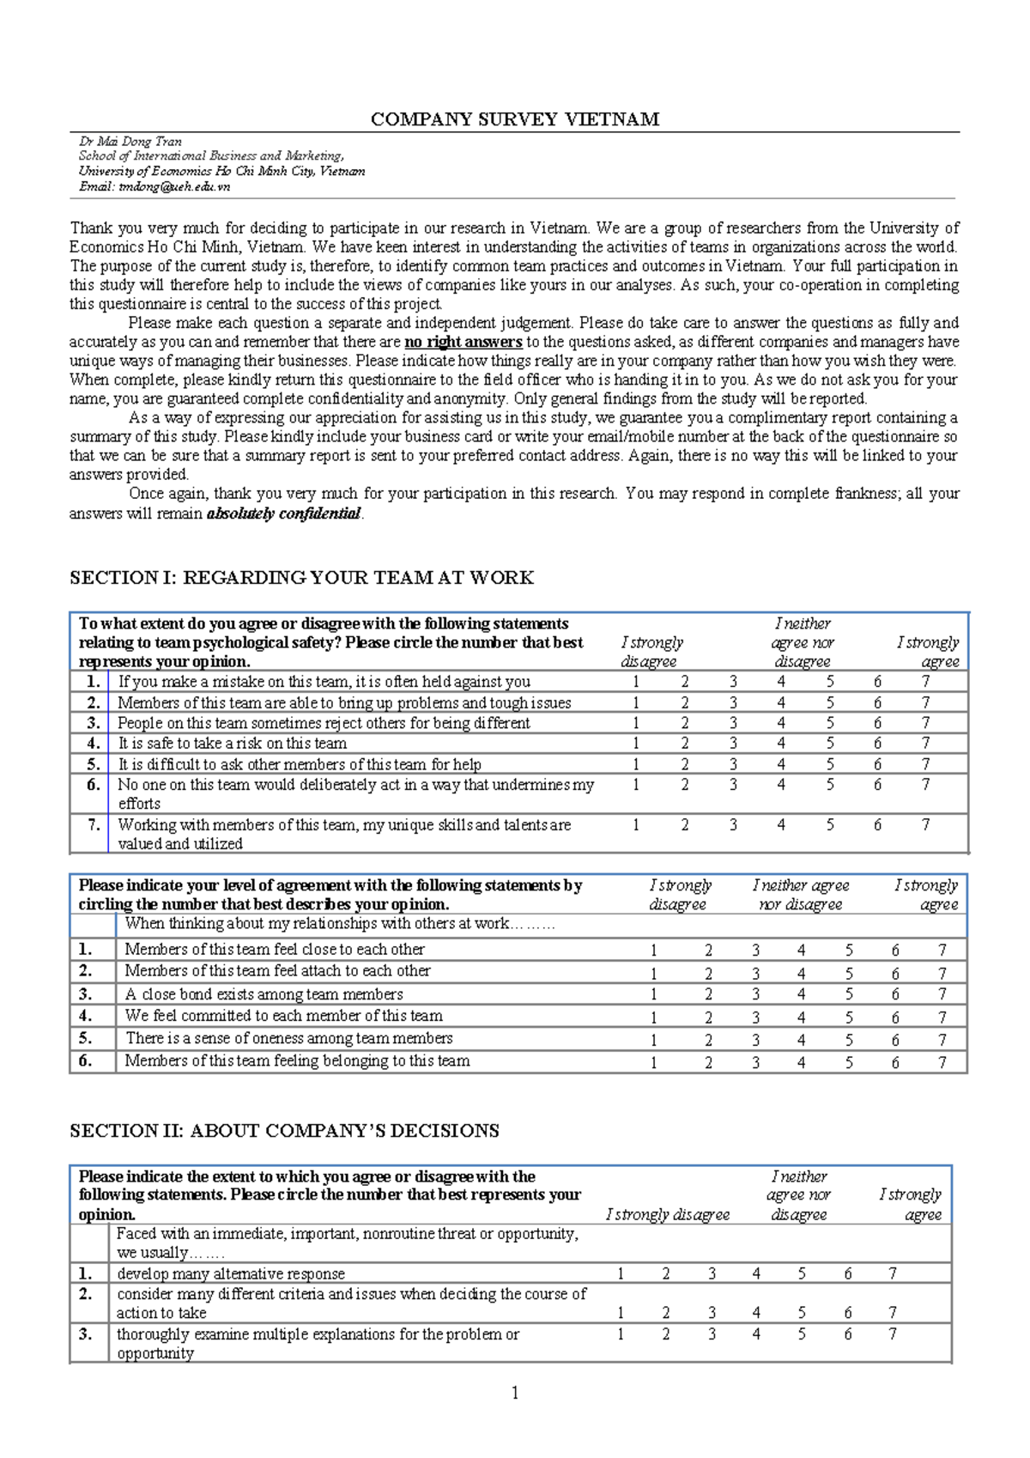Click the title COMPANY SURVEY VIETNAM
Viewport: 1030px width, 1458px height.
(x=514, y=119)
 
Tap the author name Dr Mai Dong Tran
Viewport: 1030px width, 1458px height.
(x=130, y=142)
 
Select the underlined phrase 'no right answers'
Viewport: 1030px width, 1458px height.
(x=463, y=342)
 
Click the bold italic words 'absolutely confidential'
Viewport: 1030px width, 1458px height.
(x=284, y=513)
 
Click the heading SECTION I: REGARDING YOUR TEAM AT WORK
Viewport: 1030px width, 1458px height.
(x=301, y=578)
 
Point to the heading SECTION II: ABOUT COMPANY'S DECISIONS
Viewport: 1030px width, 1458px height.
(x=284, y=1131)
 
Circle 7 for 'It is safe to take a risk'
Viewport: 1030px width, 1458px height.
(x=925, y=744)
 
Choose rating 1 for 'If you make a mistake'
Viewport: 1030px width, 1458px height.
(x=636, y=682)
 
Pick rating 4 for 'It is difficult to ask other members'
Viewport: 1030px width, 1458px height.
(x=781, y=764)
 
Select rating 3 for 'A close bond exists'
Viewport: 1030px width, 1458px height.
(x=755, y=994)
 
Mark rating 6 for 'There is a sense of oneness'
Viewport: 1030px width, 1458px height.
(x=895, y=1039)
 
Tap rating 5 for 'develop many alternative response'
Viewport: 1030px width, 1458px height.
(x=802, y=1273)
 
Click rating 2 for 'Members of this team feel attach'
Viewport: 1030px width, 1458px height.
(x=708, y=973)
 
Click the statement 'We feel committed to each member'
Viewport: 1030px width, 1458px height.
(x=283, y=1016)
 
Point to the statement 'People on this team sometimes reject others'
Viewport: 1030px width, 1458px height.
(x=324, y=723)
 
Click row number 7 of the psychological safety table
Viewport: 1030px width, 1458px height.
(x=94, y=825)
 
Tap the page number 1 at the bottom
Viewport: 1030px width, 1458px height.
(x=515, y=1393)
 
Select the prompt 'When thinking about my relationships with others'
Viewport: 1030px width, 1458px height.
(x=340, y=924)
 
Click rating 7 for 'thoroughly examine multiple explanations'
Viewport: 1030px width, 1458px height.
(x=893, y=1334)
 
